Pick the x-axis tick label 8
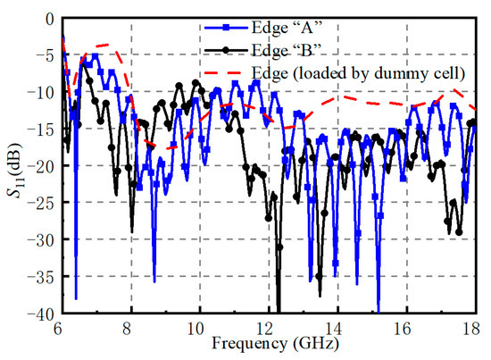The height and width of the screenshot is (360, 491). [x=131, y=329]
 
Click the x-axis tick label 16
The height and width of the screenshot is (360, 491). [x=407, y=329]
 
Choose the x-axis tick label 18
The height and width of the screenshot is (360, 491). [x=475, y=329]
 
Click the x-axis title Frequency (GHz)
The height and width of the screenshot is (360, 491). [x=268, y=342]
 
